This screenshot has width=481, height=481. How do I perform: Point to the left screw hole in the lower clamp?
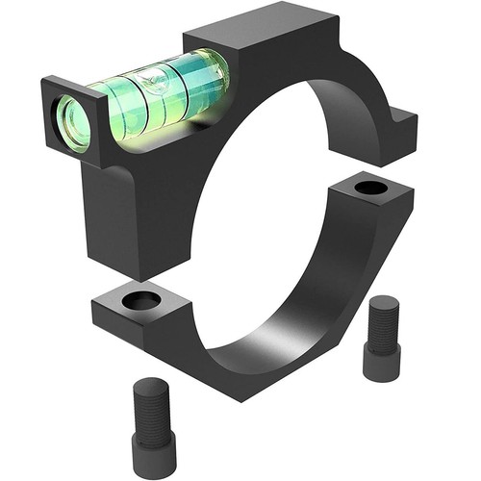tap(142, 301)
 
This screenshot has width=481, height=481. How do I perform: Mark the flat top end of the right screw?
tap(383, 303)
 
